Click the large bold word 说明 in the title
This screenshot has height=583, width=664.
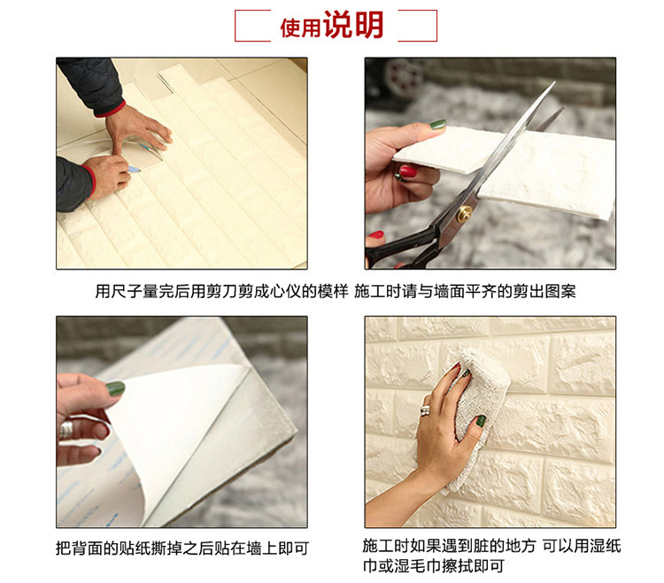tap(353, 25)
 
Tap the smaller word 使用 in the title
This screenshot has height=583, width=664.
tap(300, 28)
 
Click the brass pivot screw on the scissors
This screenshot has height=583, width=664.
tap(464, 214)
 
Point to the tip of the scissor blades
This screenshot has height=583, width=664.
tap(554, 82)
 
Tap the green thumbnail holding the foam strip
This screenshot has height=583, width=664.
tap(438, 125)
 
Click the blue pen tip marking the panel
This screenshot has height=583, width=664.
tap(135, 170)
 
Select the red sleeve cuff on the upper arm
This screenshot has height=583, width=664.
tap(110, 109)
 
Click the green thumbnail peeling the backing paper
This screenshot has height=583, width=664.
tap(115, 388)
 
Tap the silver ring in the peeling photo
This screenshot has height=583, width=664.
tap(66, 429)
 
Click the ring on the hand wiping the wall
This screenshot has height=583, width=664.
tap(425, 410)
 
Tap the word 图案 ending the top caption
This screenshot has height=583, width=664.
tap(560, 292)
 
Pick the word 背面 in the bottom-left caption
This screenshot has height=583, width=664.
tap(88, 548)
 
